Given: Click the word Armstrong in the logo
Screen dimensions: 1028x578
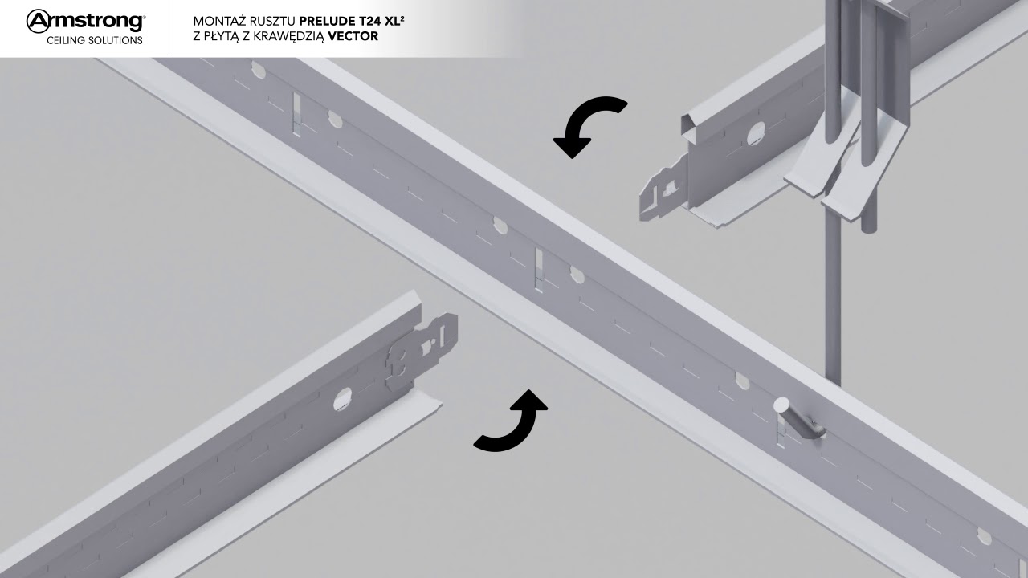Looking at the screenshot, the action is tap(86, 22).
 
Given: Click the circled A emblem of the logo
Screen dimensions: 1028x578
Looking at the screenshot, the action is tap(38, 22).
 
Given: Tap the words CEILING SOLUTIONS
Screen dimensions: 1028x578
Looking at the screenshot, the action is tap(95, 40).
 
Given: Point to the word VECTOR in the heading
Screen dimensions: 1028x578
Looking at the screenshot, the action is tap(353, 36).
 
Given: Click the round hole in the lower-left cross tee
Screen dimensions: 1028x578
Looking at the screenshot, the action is tap(341, 399).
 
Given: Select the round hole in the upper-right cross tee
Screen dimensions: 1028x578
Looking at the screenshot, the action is tap(757, 133).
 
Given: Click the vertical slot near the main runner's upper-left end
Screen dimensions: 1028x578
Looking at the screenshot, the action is tap(297, 114).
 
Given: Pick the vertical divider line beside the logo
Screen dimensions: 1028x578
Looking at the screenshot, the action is tap(169, 28).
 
